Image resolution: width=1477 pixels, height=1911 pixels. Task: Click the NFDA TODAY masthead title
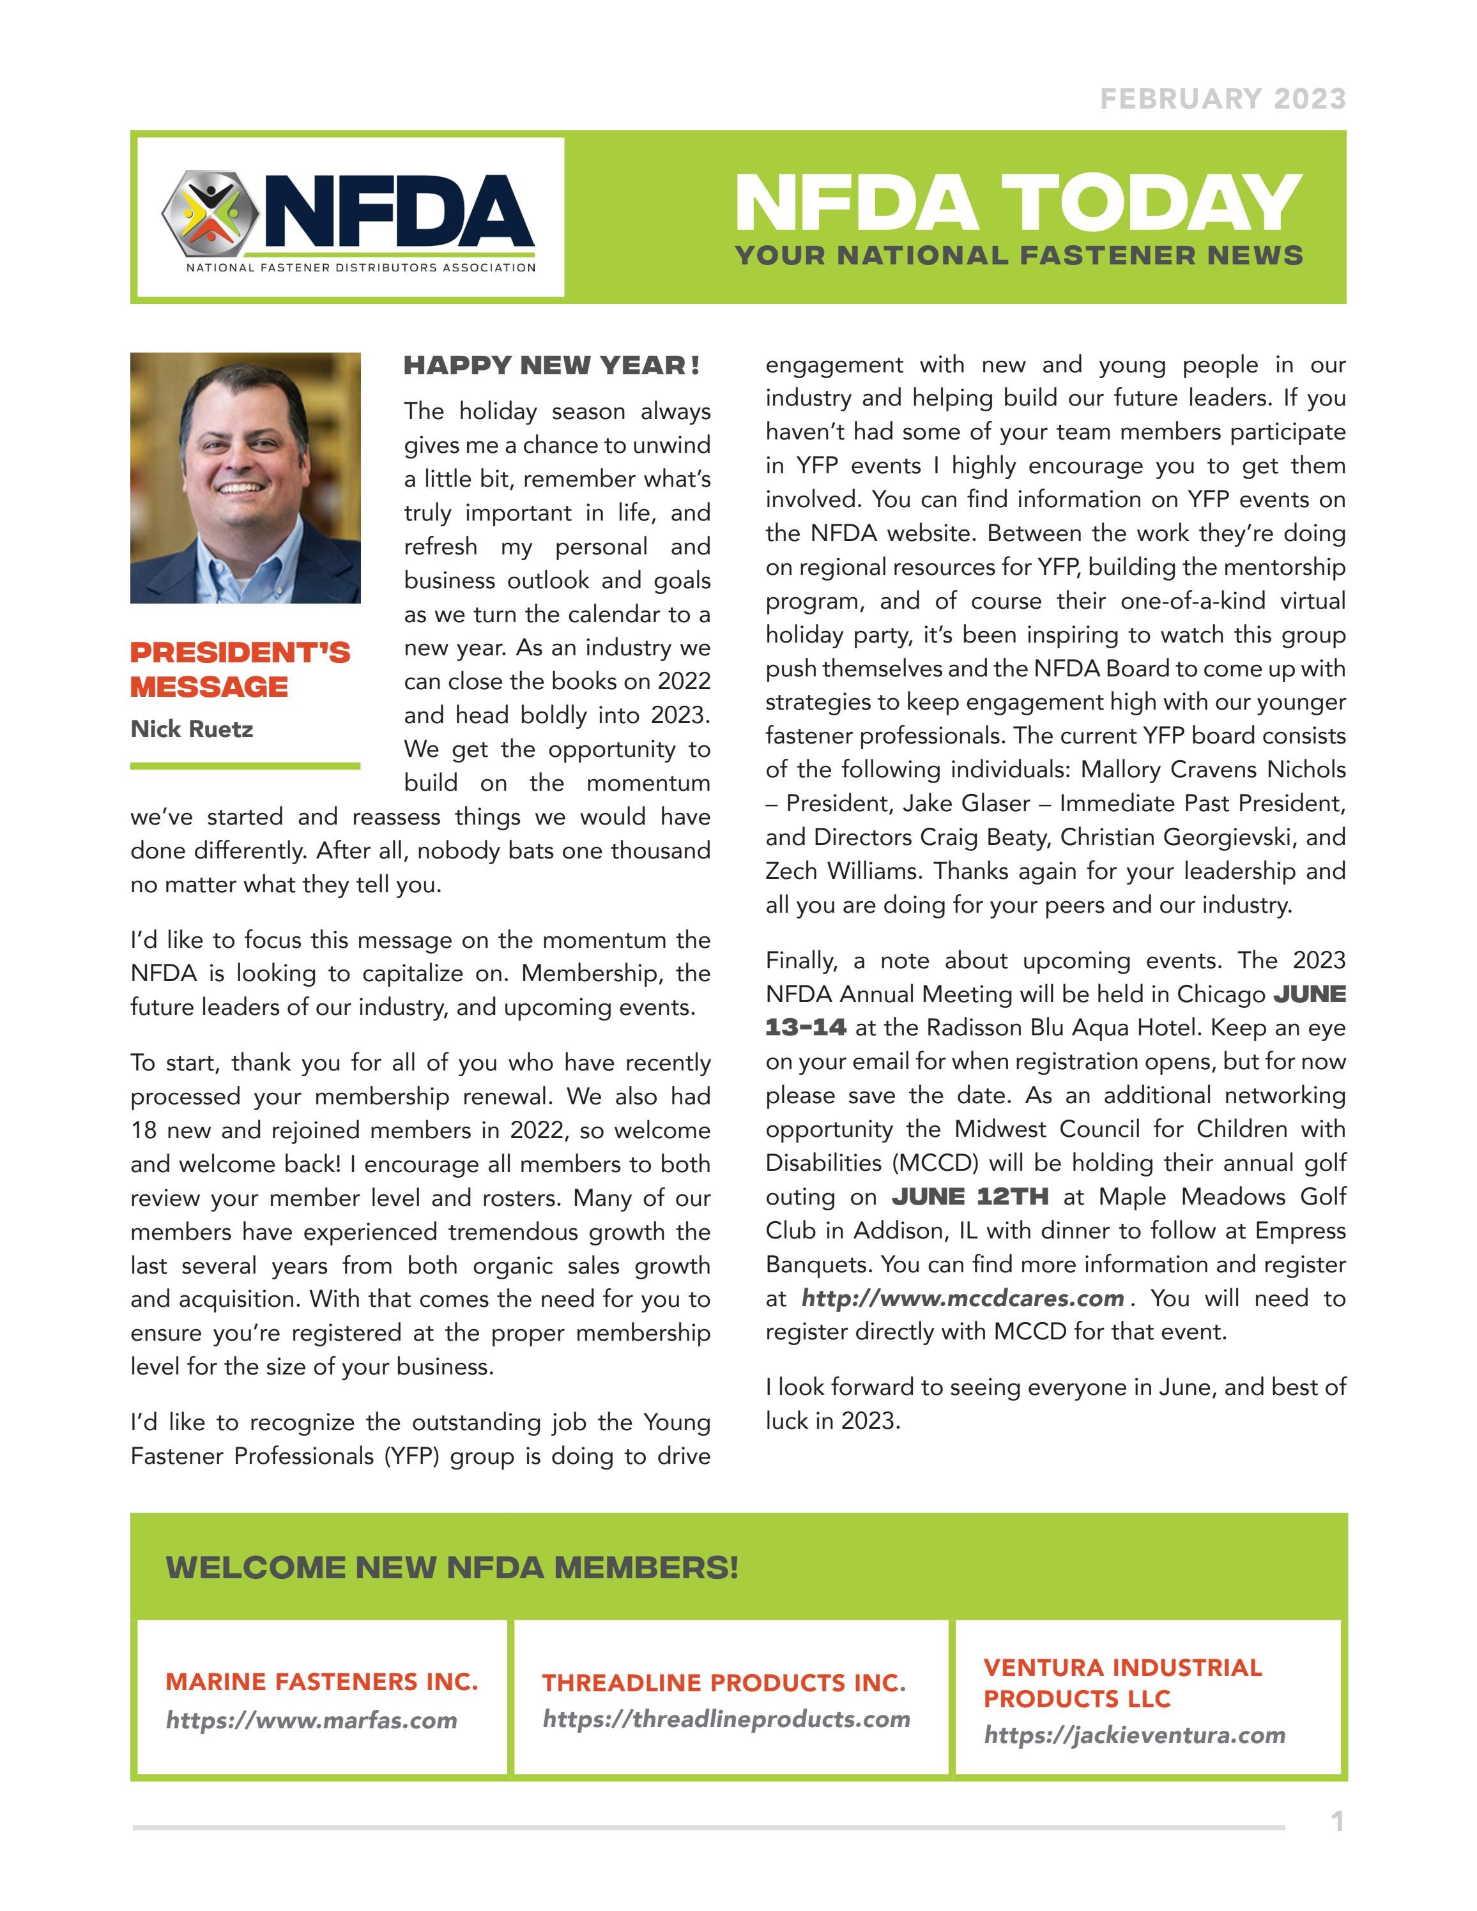pos(1018,203)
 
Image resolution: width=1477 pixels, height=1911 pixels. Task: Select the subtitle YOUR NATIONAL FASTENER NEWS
pos(1018,255)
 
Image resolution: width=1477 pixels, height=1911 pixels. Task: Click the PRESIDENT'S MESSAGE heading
pos(240,669)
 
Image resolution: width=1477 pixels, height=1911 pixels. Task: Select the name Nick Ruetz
pos(192,729)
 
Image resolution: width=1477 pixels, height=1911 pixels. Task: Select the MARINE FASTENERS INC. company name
pos(321,1682)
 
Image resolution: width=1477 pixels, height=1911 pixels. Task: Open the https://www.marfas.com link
pos(312,1720)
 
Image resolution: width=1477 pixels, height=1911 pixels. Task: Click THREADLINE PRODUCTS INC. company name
pos(723,1682)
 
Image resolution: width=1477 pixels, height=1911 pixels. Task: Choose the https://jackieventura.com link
pos(1134,1735)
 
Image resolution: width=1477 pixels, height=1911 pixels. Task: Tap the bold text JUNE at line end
pos(1309,995)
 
